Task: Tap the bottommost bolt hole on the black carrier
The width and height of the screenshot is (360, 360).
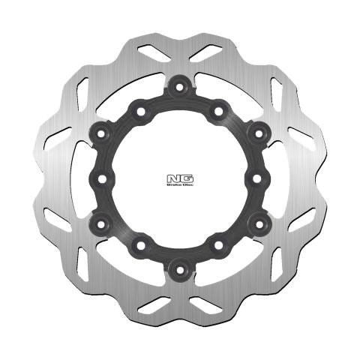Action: point(179,268)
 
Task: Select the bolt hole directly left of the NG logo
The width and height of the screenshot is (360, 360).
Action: point(103,178)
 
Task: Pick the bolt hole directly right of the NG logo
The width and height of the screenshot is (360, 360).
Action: point(256,178)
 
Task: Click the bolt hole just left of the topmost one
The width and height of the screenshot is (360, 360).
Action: point(140,112)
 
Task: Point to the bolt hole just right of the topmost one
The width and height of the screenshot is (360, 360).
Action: point(218,112)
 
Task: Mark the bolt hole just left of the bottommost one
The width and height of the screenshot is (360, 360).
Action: point(140,246)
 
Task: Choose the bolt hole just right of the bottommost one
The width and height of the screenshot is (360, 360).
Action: point(218,246)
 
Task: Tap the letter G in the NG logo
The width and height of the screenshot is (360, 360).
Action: point(184,178)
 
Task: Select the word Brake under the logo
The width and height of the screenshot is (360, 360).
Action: point(175,185)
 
